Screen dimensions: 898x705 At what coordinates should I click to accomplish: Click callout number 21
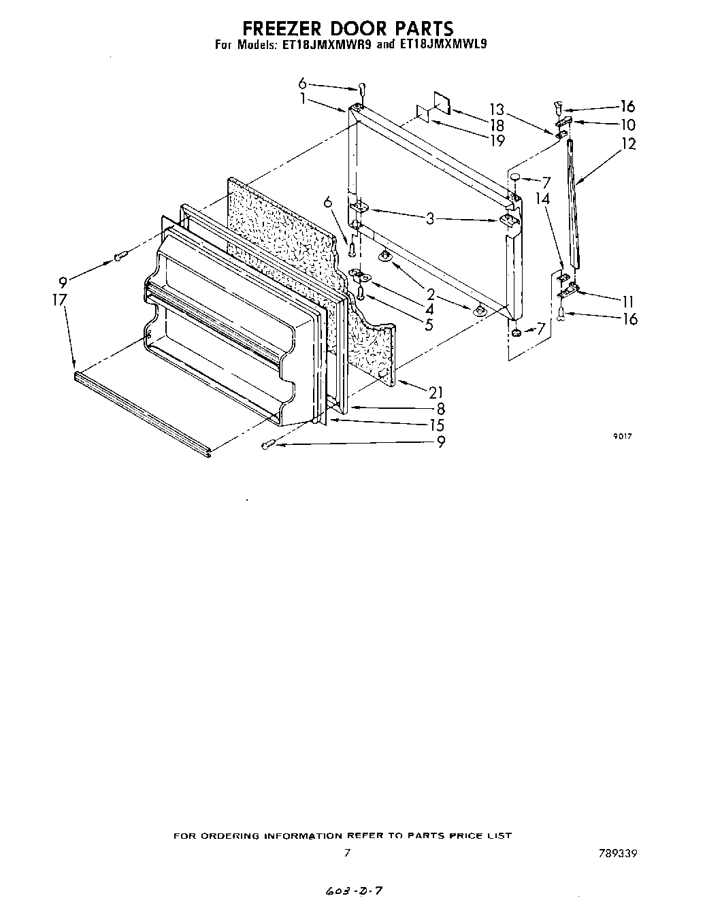[x=436, y=392]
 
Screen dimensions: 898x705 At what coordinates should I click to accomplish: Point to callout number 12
[x=628, y=144]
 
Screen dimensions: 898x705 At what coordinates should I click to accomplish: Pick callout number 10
[x=627, y=125]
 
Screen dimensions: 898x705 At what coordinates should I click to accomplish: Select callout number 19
[x=497, y=141]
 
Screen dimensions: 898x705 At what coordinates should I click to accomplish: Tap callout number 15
[x=436, y=426]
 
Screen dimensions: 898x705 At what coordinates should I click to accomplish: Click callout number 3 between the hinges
[x=430, y=218]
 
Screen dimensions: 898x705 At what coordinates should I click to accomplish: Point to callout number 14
[x=542, y=200]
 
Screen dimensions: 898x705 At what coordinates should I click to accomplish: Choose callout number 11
[x=627, y=301]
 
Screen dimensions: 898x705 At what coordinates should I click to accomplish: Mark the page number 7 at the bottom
[x=346, y=853]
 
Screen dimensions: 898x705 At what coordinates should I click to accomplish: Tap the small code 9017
[x=623, y=437]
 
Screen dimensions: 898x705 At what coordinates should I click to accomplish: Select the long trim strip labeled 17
[x=143, y=412]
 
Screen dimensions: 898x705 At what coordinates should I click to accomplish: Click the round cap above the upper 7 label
[x=516, y=178]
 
